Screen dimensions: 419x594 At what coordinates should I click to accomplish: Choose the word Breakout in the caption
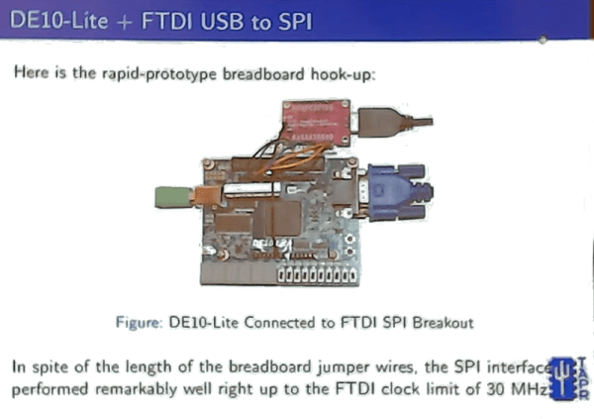tap(445, 322)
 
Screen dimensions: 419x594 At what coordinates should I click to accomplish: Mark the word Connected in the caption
tap(287, 322)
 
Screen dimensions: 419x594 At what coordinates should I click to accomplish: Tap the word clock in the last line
tap(411, 389)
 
